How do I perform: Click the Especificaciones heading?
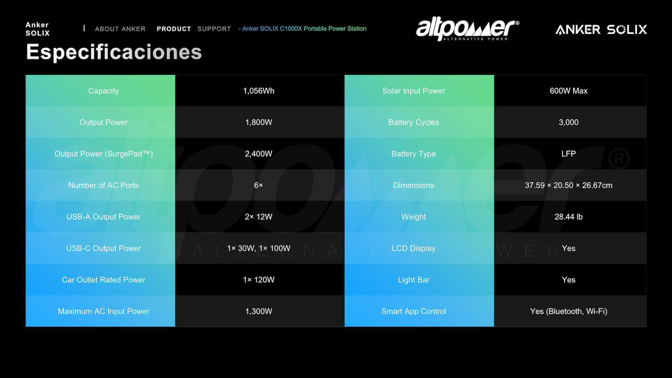[x=114, y=52]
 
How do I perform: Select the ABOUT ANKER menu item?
[x=120, y=29]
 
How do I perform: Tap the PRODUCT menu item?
[x=174, y=29]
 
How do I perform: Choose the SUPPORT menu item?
[x=214, y=29]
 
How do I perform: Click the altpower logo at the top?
[x=468, y=29]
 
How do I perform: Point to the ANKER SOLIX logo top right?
[x=601, y=29]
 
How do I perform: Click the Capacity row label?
[x=104, y=91]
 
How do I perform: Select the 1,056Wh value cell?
[x=259, y=91]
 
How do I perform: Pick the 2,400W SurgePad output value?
[x=259, y=154]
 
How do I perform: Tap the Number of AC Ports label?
[x=104, y=185]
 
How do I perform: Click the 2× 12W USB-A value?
[x=259, y=217]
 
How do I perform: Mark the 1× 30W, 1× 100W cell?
[x=259, y=248]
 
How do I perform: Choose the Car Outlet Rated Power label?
[x=104, y=280]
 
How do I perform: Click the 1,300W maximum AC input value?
[x=259, y=311]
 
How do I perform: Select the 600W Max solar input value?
[x=569, y=91]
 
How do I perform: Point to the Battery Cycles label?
[x=414, y=122]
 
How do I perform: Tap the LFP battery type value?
[x=569, y=154]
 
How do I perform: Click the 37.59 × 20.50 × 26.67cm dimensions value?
[x=569, y=185]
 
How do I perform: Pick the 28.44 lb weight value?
[x=569, y=217]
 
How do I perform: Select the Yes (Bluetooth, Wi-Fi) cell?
[x=569, y=311]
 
